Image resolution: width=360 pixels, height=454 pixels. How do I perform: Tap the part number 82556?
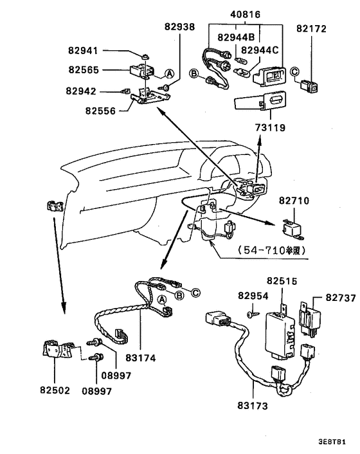click(x=100, y=111)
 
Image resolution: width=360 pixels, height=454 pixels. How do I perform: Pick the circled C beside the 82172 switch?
click(x=293, y=71)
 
